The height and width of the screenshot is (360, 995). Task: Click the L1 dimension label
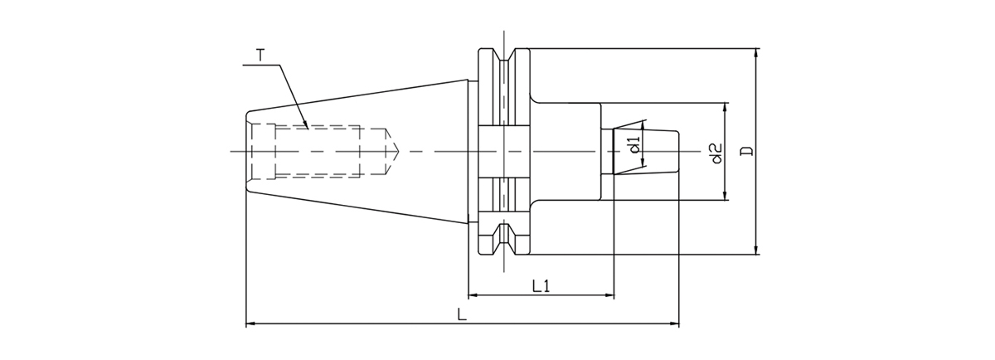[541, 285]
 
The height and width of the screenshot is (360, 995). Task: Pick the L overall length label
[462, 314]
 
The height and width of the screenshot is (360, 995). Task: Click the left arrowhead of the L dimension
[250, 324]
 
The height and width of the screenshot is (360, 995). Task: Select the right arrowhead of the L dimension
[676, 324]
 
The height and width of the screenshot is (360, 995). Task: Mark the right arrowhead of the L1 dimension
[610, 295]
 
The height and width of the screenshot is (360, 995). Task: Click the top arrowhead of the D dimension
[756, 52]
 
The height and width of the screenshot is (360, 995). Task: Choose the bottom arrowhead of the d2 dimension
[726, 197]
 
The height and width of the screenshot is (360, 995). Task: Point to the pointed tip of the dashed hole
[400, 152]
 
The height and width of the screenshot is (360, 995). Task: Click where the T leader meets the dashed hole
[308, 128]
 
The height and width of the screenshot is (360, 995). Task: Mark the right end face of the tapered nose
[679, 152]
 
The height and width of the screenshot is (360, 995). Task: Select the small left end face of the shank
[247, 152]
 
